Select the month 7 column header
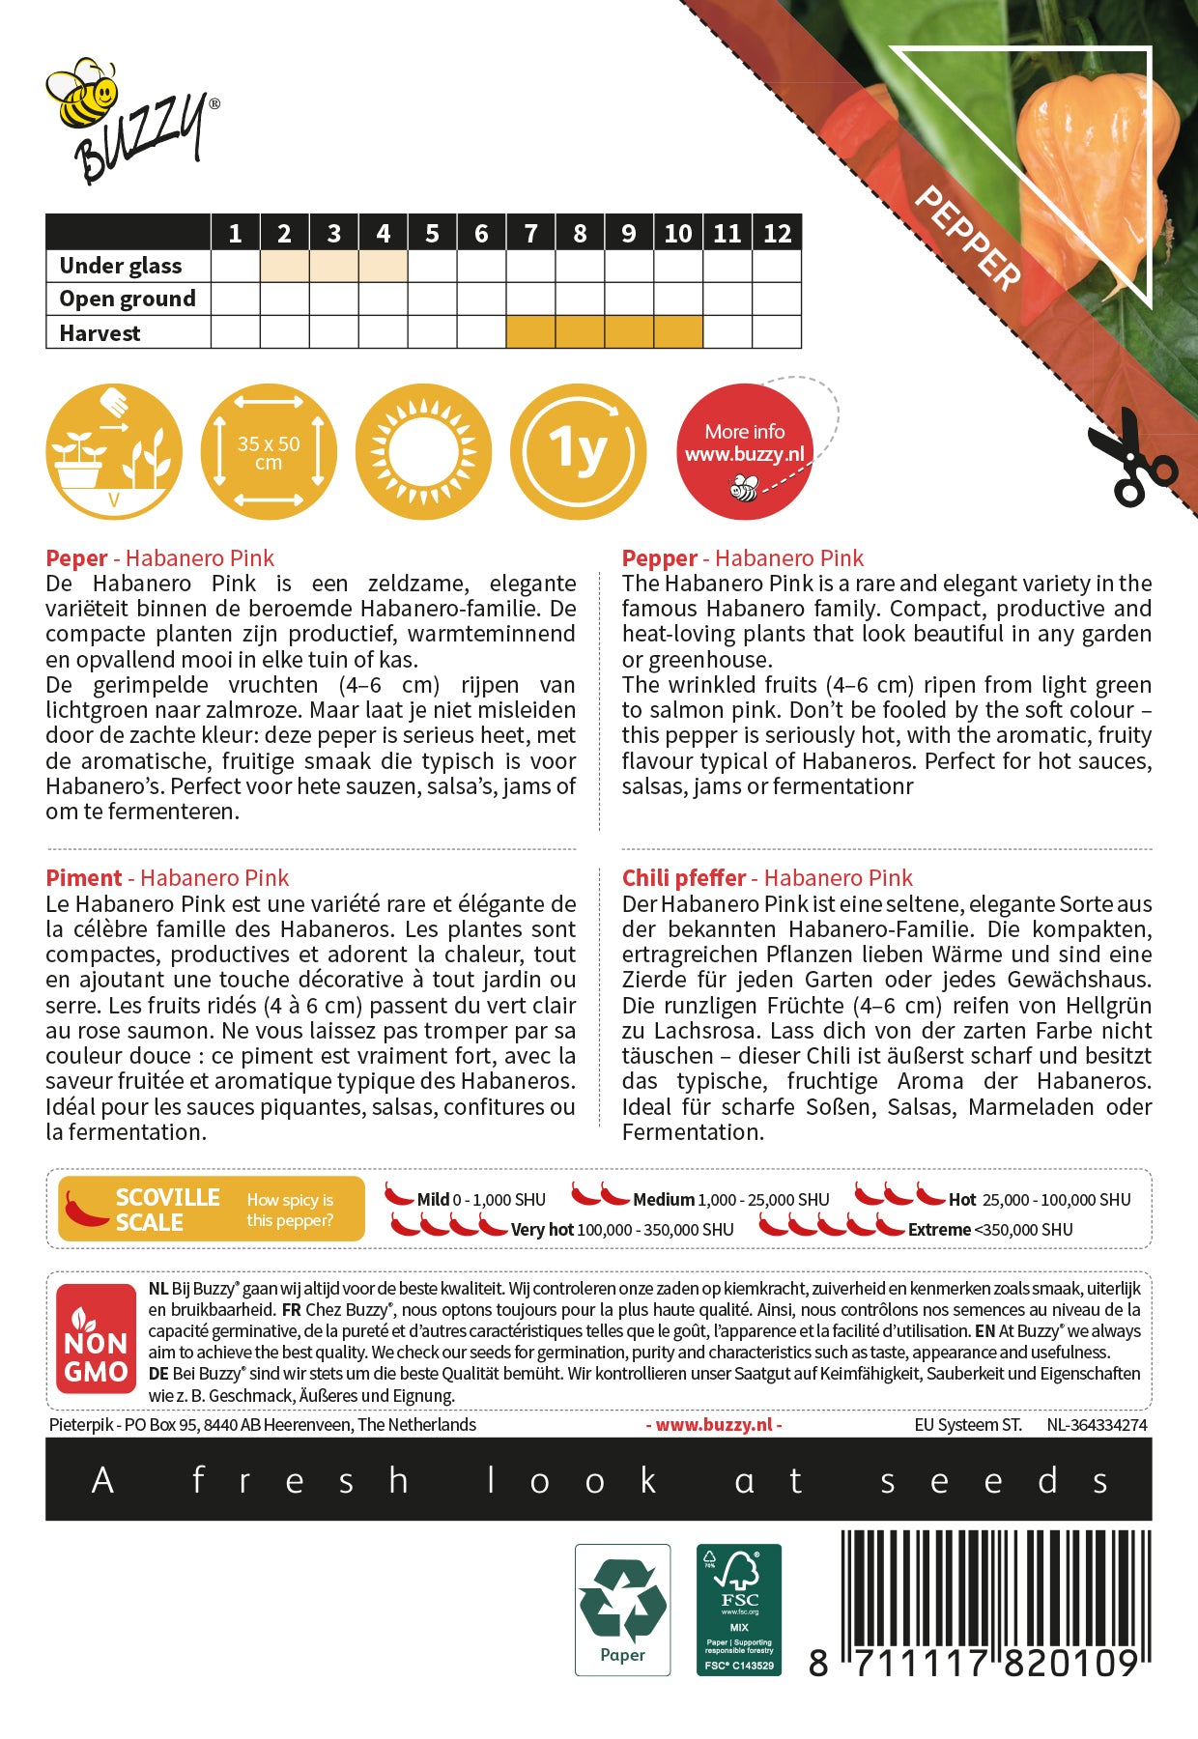point(530,233)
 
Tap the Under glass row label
point(121,266)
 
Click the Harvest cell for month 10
point(677,332)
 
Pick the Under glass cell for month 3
point(333,266)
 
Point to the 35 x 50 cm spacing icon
point(269,452)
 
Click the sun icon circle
point(423,452)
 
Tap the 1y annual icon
point(578,452)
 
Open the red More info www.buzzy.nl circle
point(744,452)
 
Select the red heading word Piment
point(84,878)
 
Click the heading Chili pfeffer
point(684,878)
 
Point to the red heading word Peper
point(76,558)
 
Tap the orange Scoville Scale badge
point(212,1209)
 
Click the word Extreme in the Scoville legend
point(939,1230)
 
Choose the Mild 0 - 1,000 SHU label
point(480,1200)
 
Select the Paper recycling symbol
point(622,1609)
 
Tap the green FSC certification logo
point(739,1609)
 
